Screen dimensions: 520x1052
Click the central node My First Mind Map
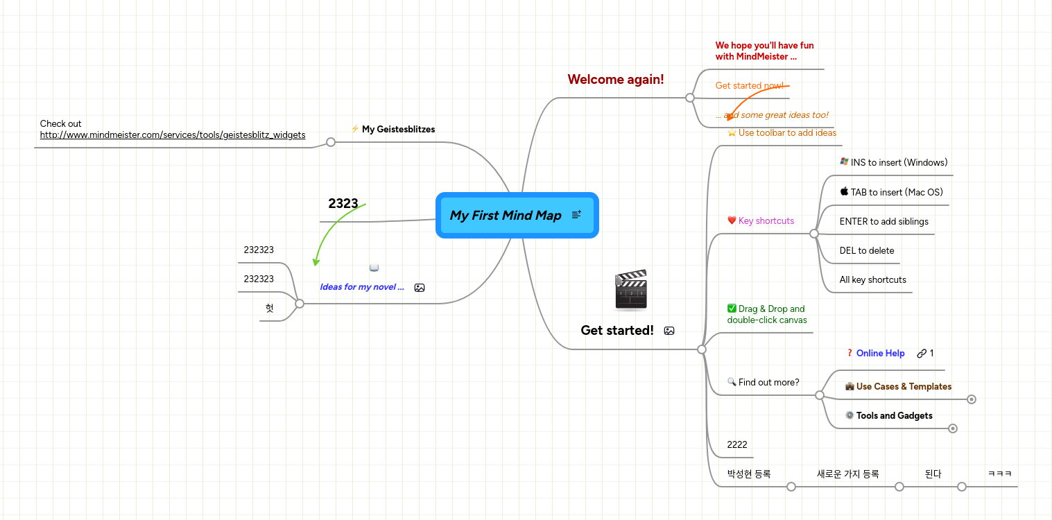(x=505, y=216)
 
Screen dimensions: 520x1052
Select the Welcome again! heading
(x=615, y=80)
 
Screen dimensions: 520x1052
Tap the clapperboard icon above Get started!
(x=630, y=290)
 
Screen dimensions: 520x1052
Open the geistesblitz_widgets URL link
(x=173, y=135)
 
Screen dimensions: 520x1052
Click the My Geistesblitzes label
(x=398, y=129)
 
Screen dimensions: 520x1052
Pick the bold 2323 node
(x=343, y=204)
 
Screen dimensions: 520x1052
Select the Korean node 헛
(x=269, y=309)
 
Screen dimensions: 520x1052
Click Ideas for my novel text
(x=361, y=287)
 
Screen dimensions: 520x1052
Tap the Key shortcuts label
(x=766, y=221)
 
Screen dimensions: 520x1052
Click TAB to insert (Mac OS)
(x=896, y=193)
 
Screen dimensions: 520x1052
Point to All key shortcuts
(x=872, y=280)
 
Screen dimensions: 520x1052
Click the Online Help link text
(x=880, y=354)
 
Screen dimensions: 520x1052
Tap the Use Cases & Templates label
(x=903, y=387)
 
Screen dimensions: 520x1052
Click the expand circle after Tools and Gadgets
(x=953, y=428)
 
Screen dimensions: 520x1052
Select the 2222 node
(x=736, y=445)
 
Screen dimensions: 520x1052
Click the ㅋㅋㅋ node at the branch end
(x=999, y=474)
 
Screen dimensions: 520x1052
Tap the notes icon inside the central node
(x=576, y=216)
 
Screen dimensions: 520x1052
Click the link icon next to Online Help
(x=921, y=354)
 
